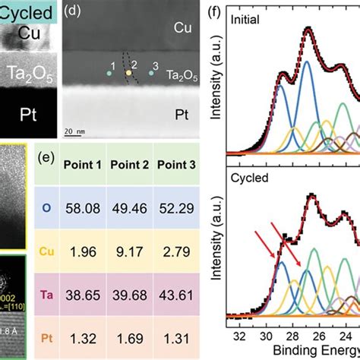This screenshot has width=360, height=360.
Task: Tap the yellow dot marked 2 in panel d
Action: [128, 74]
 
